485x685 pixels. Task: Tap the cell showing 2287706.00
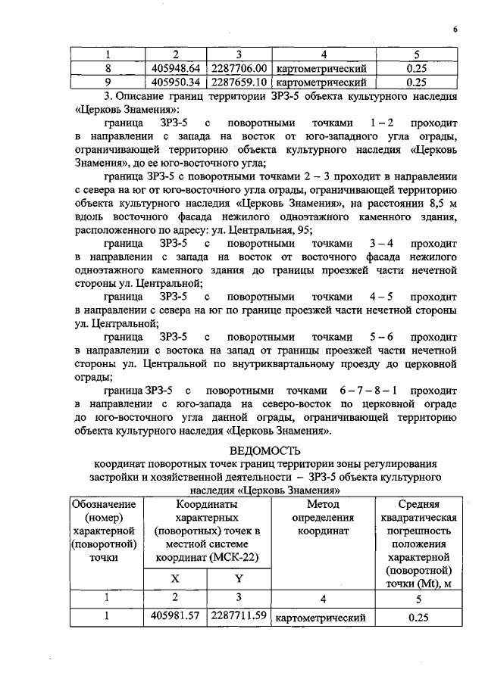[x=237, y=67]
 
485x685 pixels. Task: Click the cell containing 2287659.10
[x=237, y=81]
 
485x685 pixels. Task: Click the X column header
[x=175, y=578]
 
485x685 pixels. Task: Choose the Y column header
[x=237, y=578]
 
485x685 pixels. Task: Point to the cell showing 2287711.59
[x=237, y=615]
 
